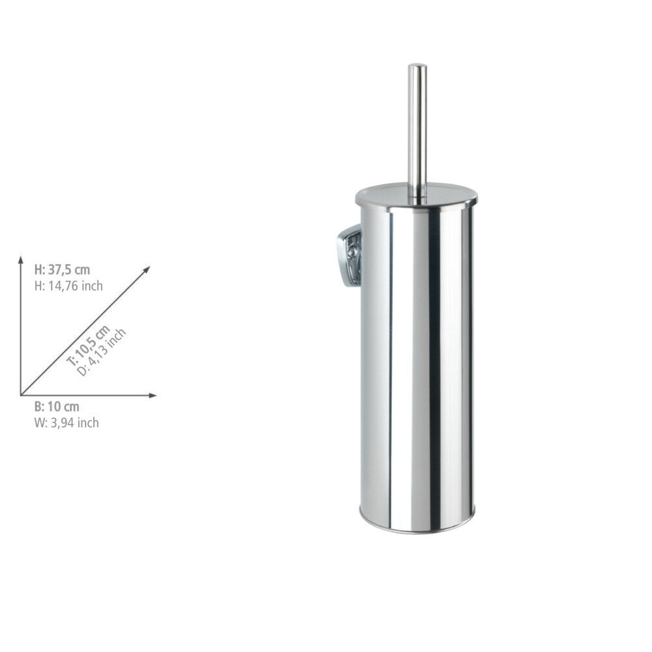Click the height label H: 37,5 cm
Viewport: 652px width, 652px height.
62,270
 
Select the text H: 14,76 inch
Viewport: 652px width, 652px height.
68,286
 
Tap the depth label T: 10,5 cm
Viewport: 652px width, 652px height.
89,346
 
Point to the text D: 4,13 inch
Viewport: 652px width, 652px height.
102,353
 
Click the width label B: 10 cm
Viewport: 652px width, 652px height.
57,407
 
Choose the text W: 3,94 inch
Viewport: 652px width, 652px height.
67,423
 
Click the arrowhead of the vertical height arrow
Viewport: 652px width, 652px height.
20,259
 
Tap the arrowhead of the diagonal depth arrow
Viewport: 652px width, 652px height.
147,269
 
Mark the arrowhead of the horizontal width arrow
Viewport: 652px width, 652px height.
153,395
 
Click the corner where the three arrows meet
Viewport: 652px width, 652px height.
21,395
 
